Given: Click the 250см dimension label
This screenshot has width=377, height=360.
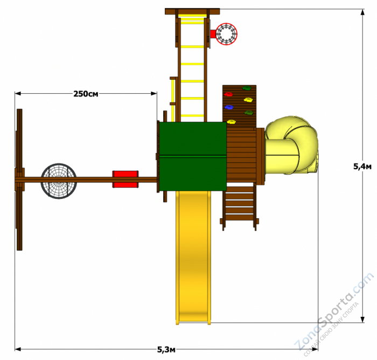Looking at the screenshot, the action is tap(86, 94).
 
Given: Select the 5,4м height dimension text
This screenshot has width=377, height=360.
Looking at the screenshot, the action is tap(362, 167).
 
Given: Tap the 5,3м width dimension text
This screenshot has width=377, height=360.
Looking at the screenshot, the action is tap(166, 349).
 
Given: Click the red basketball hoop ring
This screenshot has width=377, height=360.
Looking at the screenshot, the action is tap(226, 34).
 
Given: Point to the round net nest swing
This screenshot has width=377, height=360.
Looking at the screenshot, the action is tap(59, 181).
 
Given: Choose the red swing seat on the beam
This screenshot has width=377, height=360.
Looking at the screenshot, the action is tap(125, 179).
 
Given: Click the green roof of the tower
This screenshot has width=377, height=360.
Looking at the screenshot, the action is tap(193, 156).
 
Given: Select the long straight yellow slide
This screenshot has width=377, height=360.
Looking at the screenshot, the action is tap(193, 258).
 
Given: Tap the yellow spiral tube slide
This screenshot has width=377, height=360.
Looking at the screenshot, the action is tap(291, 146).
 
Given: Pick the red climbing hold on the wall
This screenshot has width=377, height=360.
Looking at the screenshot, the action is tap(228, 94).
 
